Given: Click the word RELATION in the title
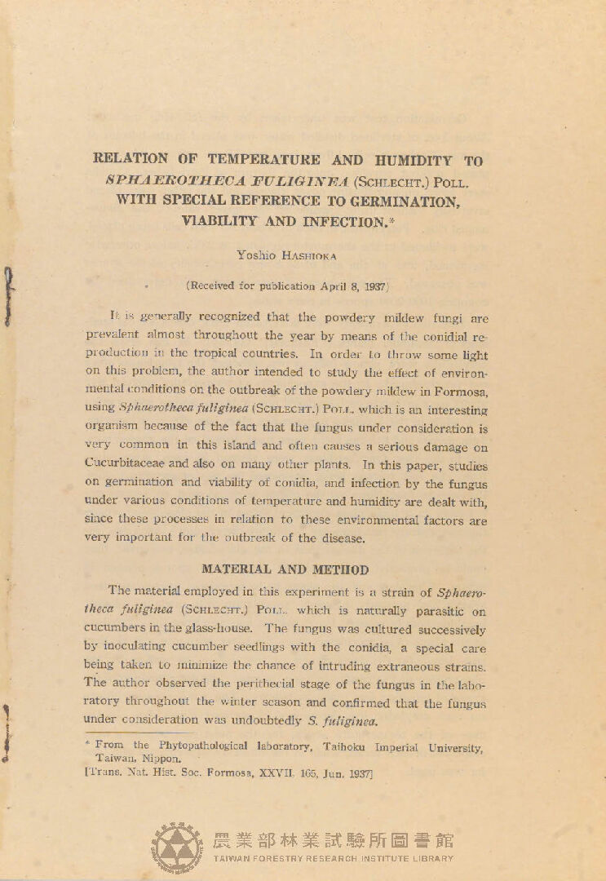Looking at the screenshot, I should click(x=132, y=159).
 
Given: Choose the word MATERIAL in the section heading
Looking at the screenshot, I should click(x=237, y=569).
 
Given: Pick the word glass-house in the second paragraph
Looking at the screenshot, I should click(x=228, y=629).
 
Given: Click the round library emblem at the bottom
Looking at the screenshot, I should click(x=177, y=846).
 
